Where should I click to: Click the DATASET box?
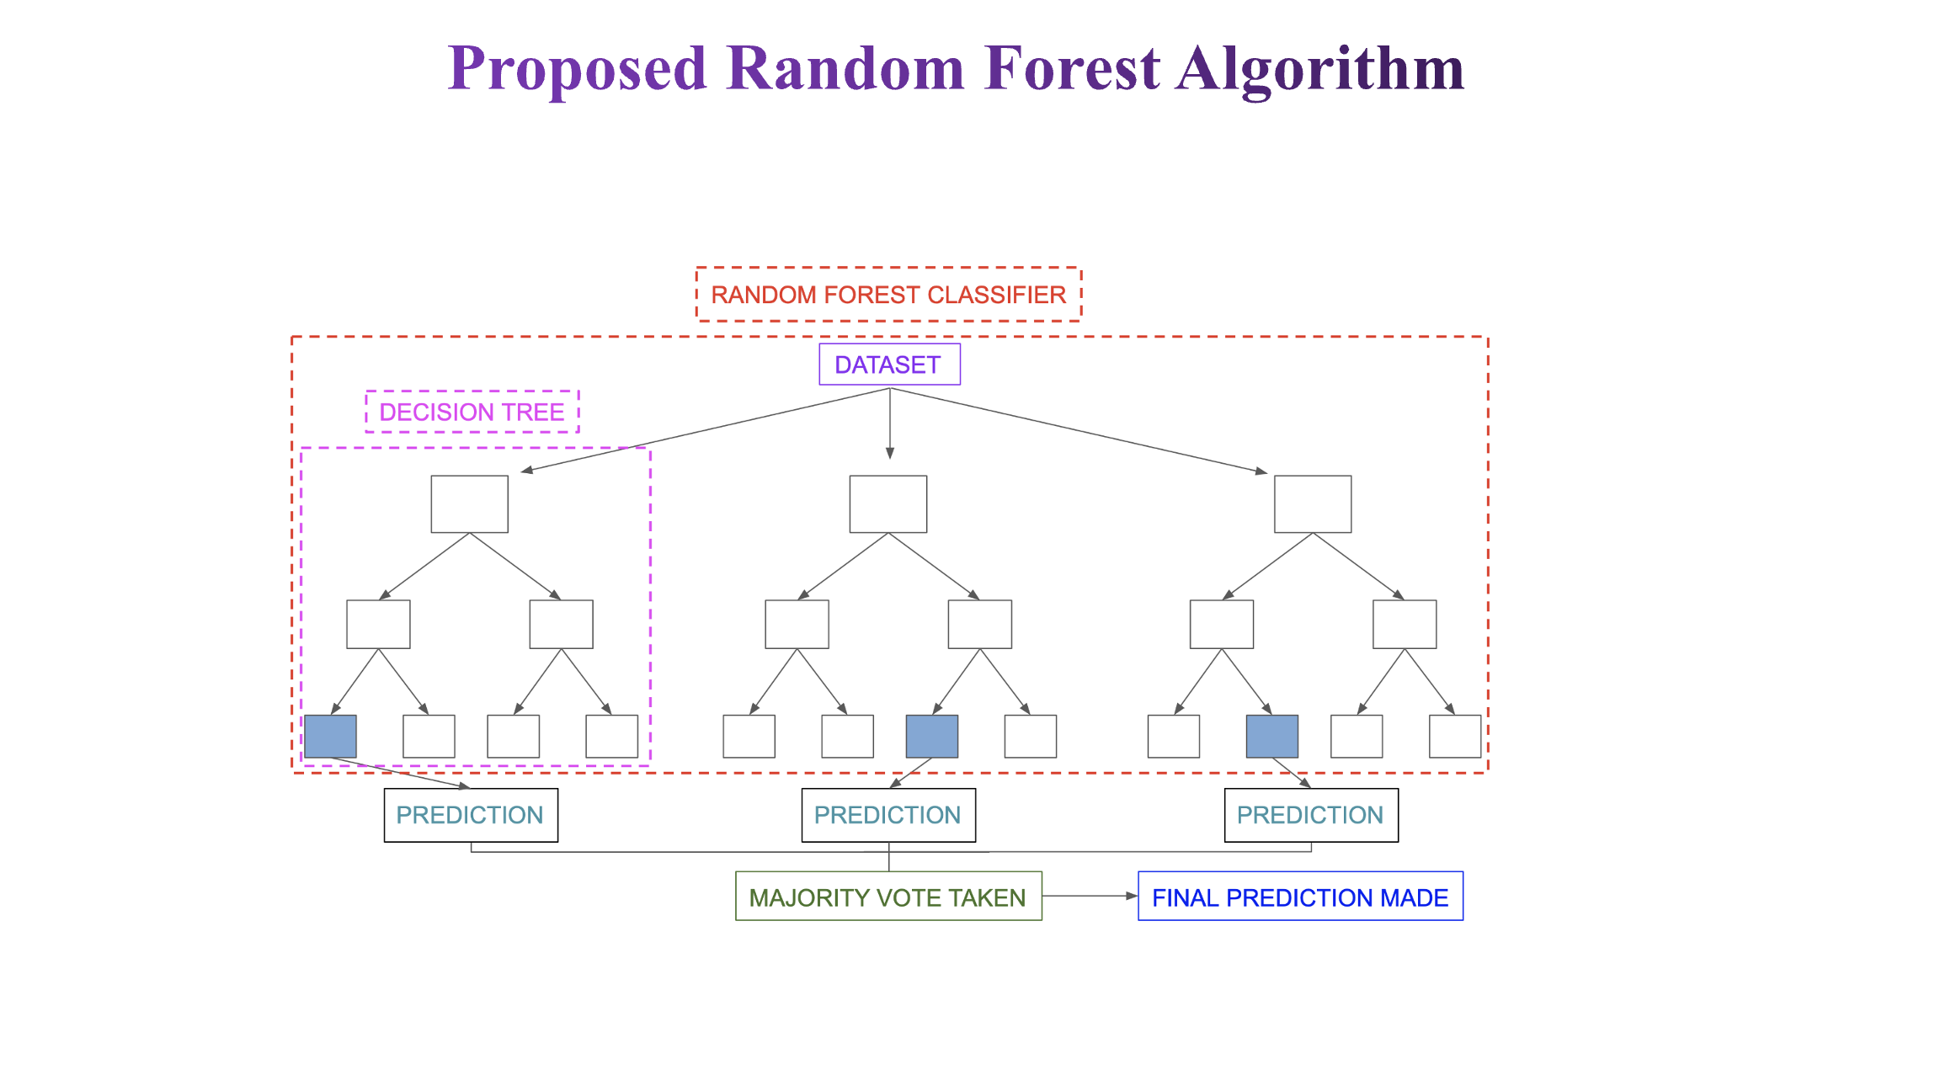pyautogui.click(x=889, y=365)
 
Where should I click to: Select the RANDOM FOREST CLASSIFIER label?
pyautogui.click(x=888, y=295)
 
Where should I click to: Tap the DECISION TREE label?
pyautogui.click(x=472, y=412)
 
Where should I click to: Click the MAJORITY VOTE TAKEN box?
pyautogui.click(x=888, y=897)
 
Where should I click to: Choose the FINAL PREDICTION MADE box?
pyautogui.click(x=1300, y=897)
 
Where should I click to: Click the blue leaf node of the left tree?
pyautogui.click(x=330, y=737)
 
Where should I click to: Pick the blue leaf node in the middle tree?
pyautogui.click(x=931, y=737)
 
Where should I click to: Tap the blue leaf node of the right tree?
pyautogui.click(x=1272, y=737)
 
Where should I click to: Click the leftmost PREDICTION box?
pyautogui.click(x=471, y=815)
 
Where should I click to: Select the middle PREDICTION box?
pyautogui.click(x=888, y=815)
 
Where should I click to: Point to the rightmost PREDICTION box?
pyautogui.click(x=1311, y=815)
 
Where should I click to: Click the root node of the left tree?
pyautogui.click(x=470, y=504)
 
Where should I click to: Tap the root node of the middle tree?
pyautogui.click(x=888, y=504)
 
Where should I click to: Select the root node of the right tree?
pyautogui.click(x=1313, y=504)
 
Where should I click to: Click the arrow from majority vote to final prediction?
pyautogui.click(x=1090, y=896)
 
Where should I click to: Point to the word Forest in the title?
pyautogui.click(x=1072, y=67)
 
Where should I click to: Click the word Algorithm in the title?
pyautogui.click(x=1321, y=69)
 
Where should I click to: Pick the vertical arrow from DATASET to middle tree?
pyautogui.click(x=890, y=423)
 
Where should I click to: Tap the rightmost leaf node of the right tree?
pyautogui.click(x=1455, y=737)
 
